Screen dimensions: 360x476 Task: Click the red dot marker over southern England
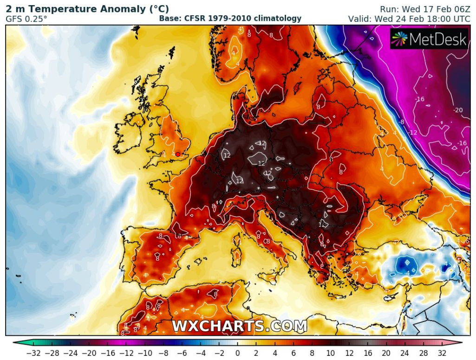click(x=178, y=154)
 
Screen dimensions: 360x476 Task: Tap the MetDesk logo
click(x=429, y=39)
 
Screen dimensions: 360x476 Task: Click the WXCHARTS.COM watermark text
click(x=239, y=326)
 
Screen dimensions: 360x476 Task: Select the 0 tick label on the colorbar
click(x=237, y=353)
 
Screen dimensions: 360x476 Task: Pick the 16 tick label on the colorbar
click(x=367, y=353)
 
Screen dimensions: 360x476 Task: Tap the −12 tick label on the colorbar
click(x=125, y=353)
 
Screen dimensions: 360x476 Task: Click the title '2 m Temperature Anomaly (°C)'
click(x=87, y=9)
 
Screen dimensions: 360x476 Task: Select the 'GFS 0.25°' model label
click(x=26, y=19)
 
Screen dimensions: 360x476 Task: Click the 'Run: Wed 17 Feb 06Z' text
click(x=422, y=9)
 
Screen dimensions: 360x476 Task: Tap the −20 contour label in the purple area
click(x=458, y=110)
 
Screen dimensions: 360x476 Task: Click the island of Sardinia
click(x=237, y=251)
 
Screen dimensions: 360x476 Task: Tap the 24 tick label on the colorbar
click(x=404, y=353)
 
